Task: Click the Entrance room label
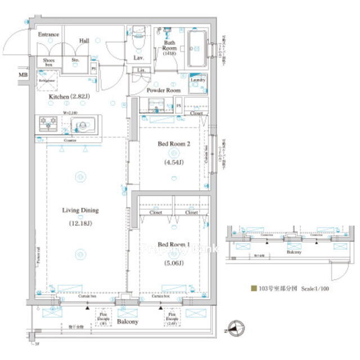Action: point(48,35)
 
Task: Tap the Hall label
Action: point(83,40)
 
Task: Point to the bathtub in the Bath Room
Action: point(197,48)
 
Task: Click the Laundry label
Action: point(198,80)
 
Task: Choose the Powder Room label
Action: point(163,91)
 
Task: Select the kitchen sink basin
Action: point(83,124)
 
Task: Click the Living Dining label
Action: point(80,211)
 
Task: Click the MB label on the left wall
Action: point(22,75)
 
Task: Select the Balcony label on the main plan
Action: point(128,322)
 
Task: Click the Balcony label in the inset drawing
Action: point(292,253)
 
